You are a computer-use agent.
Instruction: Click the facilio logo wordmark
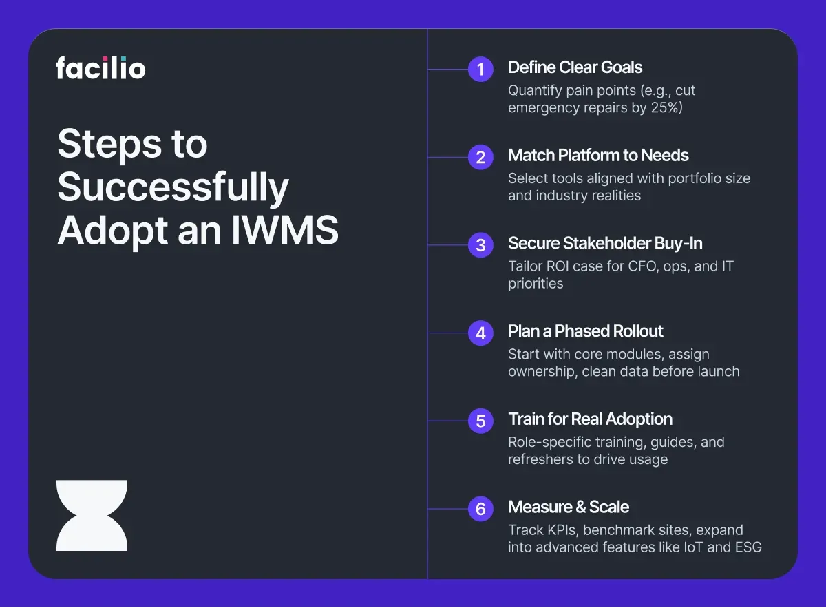point(100,68)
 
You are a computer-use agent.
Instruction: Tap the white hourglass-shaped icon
point(92,516)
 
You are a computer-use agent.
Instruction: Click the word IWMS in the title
point(285,230)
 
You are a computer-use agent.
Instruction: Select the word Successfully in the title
point(173,187)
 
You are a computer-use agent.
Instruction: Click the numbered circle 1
point(480,69)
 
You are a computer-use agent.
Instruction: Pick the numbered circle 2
point(480,157)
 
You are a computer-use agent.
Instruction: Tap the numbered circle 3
point(480,245)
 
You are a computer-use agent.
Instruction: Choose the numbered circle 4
point(480,333)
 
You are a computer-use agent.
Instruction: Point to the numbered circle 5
point(480,421)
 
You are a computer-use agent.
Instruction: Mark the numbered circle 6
point(480,509)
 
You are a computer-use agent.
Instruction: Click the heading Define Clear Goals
point(575,67)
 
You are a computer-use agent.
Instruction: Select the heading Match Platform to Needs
point(598,156)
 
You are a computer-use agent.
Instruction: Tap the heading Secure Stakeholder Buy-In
point(605,243)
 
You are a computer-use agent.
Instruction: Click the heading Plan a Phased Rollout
point(586,331)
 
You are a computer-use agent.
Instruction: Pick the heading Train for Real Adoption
point(591,419)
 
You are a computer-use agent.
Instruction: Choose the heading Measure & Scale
point(569,507)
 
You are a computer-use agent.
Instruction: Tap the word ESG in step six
point(748,547)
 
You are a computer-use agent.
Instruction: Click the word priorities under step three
point(536,284)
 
